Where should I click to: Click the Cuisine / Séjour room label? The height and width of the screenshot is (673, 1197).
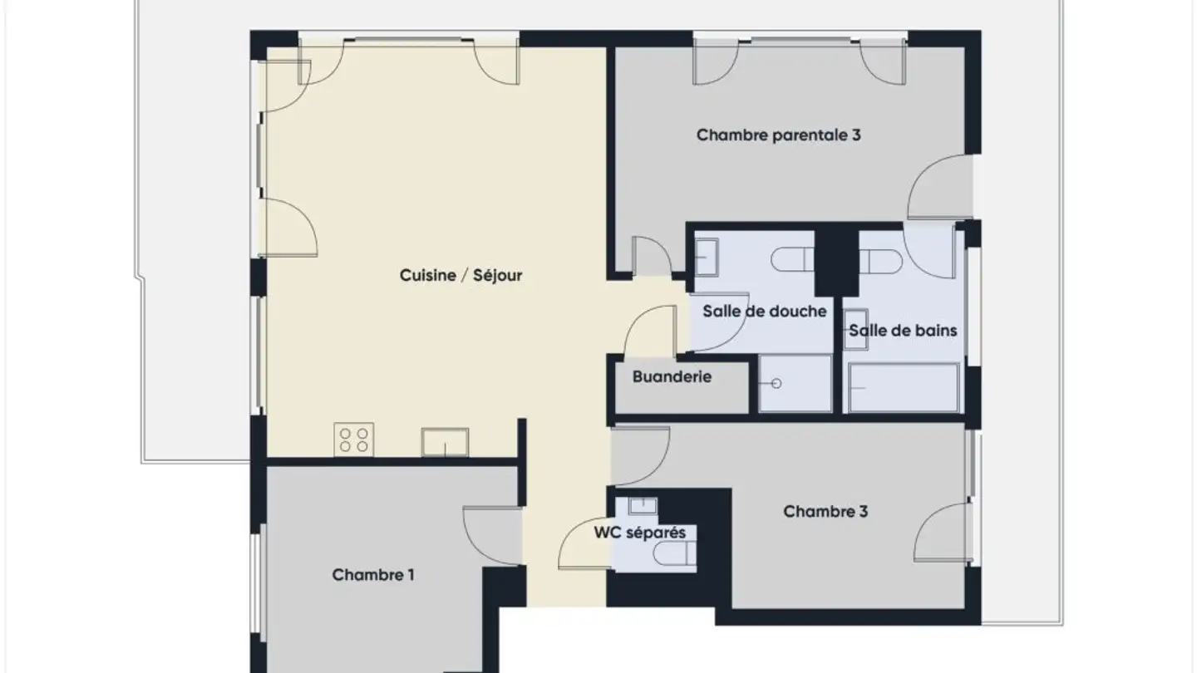461,275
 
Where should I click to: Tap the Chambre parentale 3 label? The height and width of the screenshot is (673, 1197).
778,135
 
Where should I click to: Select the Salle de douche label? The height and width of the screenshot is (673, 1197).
764,312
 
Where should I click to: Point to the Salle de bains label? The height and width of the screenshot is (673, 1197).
903,331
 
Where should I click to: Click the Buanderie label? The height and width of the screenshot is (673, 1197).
672,376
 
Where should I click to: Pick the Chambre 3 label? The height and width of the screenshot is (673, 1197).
825,511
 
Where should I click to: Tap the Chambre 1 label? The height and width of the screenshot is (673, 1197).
373,574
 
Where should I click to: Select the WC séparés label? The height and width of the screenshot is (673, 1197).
640,532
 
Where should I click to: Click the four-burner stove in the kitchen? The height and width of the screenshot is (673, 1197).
353,440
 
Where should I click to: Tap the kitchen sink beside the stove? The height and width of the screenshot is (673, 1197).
445,442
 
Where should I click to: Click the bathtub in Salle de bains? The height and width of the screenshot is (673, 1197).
904,387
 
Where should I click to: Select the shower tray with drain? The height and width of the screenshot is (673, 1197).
796,383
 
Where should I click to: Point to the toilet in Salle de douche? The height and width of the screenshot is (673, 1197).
791,260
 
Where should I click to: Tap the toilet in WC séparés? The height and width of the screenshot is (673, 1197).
674,553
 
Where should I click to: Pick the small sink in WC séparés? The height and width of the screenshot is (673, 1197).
643,505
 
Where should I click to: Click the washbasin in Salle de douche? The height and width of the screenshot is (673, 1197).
707,256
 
